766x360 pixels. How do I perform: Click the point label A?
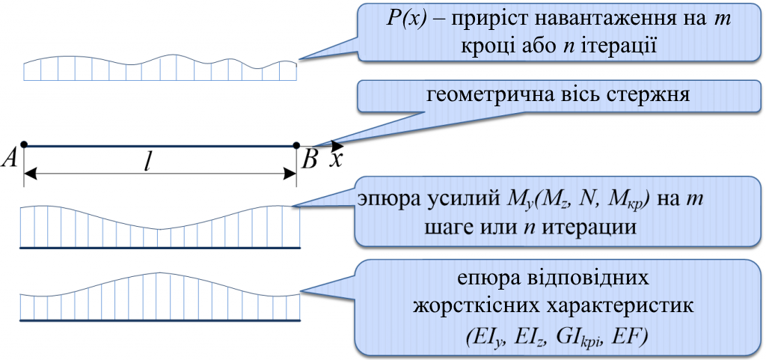point(13,158)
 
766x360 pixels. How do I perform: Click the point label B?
point(309,158)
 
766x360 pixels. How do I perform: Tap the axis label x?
point(338,159)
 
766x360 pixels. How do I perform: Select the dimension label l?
point(149,162)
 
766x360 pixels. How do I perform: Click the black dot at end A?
point(25,144)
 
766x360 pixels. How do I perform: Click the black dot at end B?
point(297,144)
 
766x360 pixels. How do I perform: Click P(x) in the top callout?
point(411,19)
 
